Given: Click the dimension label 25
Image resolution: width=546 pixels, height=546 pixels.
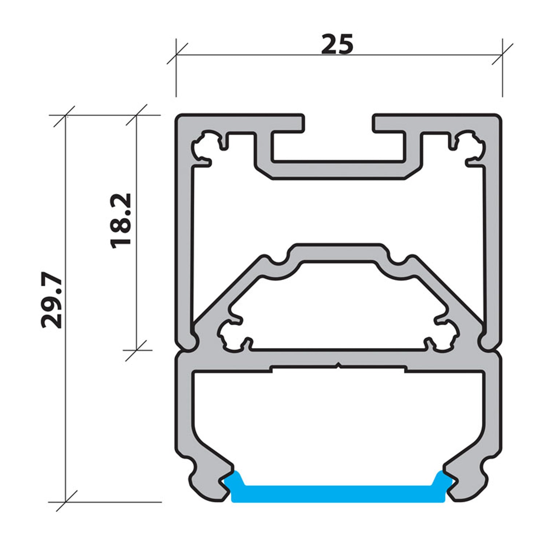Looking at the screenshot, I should (x=337, y=44).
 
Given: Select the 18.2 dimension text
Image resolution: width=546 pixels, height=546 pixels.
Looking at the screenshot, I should (x=120, y=221).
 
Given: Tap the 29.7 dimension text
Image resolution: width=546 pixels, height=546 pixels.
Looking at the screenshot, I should (x=51, y=300).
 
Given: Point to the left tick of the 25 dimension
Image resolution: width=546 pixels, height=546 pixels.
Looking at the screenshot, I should (x=176, y=55).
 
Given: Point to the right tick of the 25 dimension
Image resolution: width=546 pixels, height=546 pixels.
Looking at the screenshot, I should (x=502, y=55).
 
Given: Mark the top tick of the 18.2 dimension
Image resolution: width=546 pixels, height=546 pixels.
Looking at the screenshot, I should (x=136, y=115).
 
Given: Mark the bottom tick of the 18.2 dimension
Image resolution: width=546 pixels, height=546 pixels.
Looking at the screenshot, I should (x=136, y=350).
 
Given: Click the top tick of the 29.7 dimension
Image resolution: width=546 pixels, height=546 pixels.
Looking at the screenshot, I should (x=65, y=116).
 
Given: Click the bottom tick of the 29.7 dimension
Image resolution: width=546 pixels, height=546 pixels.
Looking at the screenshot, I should (x=65, y=502).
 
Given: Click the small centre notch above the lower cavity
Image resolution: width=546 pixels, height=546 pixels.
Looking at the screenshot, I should (x=339, y=365).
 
